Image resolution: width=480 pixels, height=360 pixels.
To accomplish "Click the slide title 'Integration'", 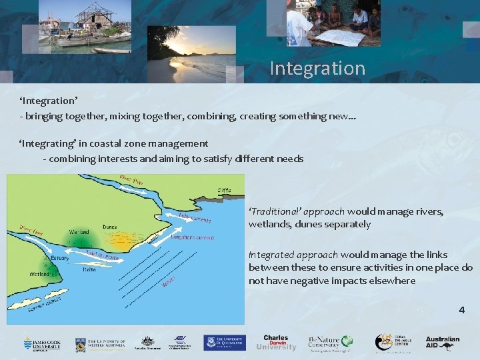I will coord(317,68).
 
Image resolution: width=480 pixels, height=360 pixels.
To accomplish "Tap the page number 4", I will coord(461,309).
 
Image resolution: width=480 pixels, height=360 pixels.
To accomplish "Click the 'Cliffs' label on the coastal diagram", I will coord(224,190).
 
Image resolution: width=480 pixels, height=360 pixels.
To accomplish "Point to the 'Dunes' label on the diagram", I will coord(110,227).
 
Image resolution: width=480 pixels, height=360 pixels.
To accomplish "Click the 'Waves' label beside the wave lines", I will coord(169,282).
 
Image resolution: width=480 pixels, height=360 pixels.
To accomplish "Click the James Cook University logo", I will coord(41,343).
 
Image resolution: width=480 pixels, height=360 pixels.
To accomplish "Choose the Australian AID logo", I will coord(443,343).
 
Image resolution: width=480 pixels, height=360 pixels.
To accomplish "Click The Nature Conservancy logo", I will coord(327,343).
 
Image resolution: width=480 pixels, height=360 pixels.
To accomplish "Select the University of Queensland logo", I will coord(225,343).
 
